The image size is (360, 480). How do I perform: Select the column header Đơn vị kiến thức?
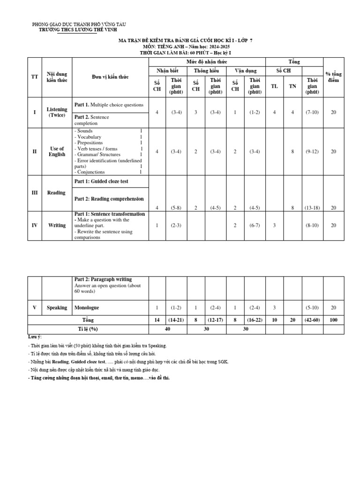[x=110, y=77]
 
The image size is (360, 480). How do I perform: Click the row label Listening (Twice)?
[x=57, y=112]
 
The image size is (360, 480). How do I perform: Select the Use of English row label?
[x=57, y=151]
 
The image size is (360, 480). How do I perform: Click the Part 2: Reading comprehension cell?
[x=109, y=199]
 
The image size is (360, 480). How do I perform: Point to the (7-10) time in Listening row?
[x=312, y=112]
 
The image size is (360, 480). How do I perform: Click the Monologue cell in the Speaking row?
[x=87, y=308]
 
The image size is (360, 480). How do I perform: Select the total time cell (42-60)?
[x=312, y=320]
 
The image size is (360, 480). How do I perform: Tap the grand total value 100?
[x=333, y=320]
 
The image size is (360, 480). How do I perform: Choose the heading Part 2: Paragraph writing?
[x=103, y=279]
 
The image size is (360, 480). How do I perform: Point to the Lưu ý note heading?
[x=35, y=337]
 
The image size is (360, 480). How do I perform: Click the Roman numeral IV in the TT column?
[x=34, y=225]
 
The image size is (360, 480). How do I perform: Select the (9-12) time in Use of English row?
[x=312, y=151]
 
